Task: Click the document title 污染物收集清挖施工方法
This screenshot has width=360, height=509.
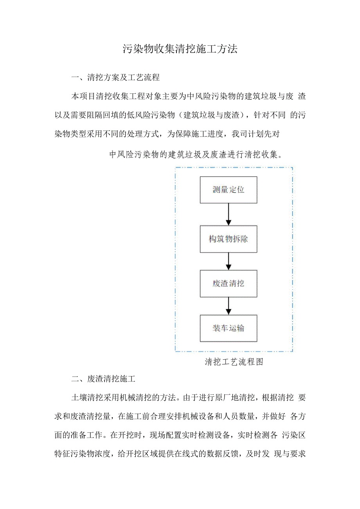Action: click(180, 49)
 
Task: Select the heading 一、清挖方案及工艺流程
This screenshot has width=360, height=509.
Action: click(115, 77)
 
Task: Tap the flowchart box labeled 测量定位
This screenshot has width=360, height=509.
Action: click(229, 190)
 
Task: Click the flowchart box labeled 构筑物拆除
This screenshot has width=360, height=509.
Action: click(229, 239)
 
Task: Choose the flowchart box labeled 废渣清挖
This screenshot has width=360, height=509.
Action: click(229, 283)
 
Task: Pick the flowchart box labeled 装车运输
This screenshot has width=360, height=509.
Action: click(229, 328)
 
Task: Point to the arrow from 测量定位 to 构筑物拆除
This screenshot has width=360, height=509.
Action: click(229, 214)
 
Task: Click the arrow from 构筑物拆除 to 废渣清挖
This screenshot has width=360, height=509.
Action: click(229, 261)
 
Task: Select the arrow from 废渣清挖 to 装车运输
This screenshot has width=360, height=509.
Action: click(229, 306)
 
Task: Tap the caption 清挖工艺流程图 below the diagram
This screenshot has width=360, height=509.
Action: click(234, 362)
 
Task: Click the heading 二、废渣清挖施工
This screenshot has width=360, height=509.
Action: click(103, 379)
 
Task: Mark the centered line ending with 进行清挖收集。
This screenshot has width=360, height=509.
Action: click(196, 154)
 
